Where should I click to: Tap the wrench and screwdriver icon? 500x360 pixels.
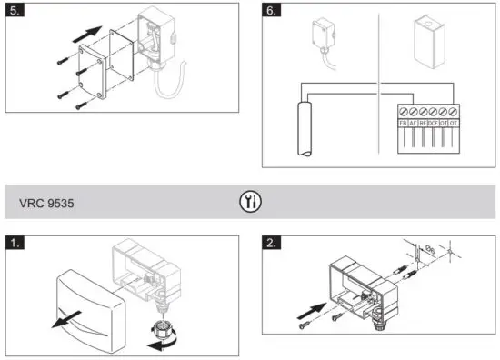point(249,202)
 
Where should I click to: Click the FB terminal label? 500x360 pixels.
point(403,120)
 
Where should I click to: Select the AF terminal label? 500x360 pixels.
point(414,120)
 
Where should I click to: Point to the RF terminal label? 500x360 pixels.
point(424,120)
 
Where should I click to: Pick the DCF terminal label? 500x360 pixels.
point(435,120)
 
